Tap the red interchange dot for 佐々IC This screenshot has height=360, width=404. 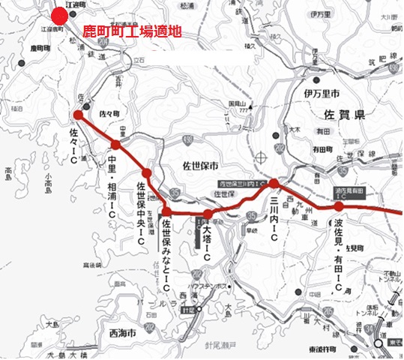tap(78, 115)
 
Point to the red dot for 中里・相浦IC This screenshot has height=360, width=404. tap(115, 145)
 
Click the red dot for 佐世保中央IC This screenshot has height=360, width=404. tap(146, 173)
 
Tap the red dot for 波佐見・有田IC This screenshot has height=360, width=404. tap(339, 206)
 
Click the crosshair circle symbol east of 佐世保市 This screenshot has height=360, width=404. tap(260, 157)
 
